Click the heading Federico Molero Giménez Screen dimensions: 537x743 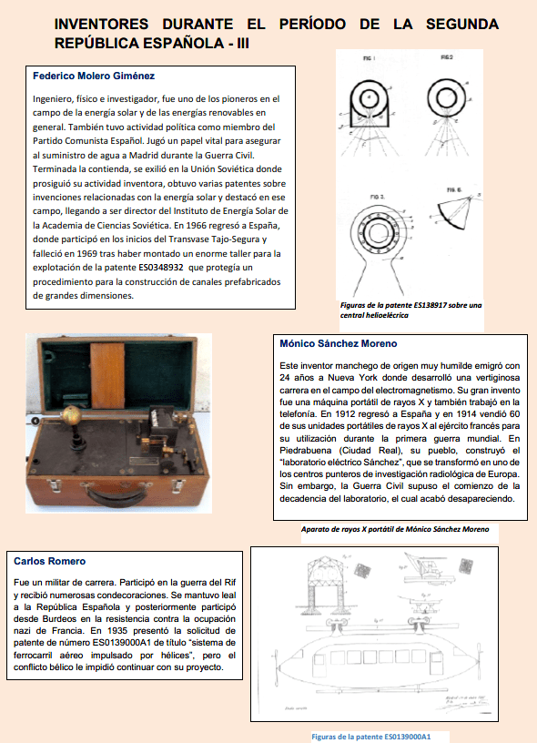click(x=94, y=76)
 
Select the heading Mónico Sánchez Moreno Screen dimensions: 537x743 click(x=338, y=343)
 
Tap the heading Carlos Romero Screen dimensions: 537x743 click(x=50, y=561)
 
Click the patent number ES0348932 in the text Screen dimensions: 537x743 click(x=160, y=268)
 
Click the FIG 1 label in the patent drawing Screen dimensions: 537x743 click(x=369, y=58)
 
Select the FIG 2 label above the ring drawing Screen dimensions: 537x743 click(x=447, y=57)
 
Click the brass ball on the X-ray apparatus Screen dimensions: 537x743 click(x=71, y=415)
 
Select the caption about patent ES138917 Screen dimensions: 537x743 click(x=410, y=310)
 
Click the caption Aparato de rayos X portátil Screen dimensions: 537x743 click(x=395, y=529)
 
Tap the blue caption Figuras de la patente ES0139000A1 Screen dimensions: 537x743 click(x=371, y=737)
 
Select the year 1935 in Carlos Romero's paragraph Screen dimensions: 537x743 click(x=117, y=631)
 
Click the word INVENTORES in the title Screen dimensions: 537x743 click(x=101, y=24)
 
